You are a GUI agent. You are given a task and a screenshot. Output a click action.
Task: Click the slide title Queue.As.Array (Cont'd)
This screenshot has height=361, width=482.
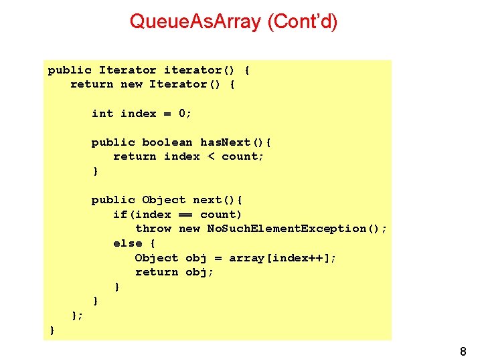[x=234, y=22]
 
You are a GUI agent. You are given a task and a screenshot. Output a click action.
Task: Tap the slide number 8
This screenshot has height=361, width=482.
[x=463, y=352]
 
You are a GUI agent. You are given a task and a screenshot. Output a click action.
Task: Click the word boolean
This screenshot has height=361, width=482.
[x=167, y=142]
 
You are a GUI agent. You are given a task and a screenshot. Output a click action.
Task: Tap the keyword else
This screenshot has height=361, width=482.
[x=127, y=243]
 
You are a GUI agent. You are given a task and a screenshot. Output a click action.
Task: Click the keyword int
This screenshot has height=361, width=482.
[x=102, y=114]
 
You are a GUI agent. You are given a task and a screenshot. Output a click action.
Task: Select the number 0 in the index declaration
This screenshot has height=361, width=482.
[x=182, y=114]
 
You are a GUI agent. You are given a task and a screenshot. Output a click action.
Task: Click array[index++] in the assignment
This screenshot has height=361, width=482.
[x=282, y=258]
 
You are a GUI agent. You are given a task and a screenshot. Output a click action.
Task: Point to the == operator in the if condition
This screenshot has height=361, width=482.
[x=185, y=215]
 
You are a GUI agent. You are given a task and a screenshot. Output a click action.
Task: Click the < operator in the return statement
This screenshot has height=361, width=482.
[x=210, y=156]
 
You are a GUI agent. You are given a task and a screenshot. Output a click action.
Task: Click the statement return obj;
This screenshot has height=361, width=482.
[x=174, y=272]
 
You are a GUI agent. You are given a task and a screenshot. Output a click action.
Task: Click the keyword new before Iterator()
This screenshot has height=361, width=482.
[x=131, y=84]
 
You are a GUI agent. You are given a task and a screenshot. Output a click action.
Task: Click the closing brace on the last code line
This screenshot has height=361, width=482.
[x=52, y=330]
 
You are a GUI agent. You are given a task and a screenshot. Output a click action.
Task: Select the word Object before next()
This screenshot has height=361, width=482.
[x=163, y=200]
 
